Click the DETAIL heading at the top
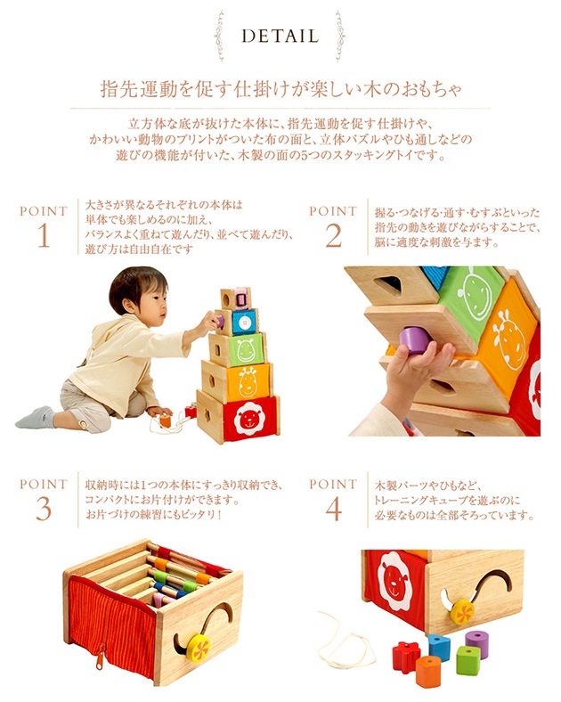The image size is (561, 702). (280, 37)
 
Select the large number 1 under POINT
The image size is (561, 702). (44, 238)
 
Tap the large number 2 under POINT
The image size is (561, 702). (333, 238)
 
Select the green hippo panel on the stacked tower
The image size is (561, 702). (245, 348)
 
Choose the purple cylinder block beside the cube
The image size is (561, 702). (477, 642)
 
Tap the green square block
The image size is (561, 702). (467, 661)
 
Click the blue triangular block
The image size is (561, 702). (438, 647)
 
